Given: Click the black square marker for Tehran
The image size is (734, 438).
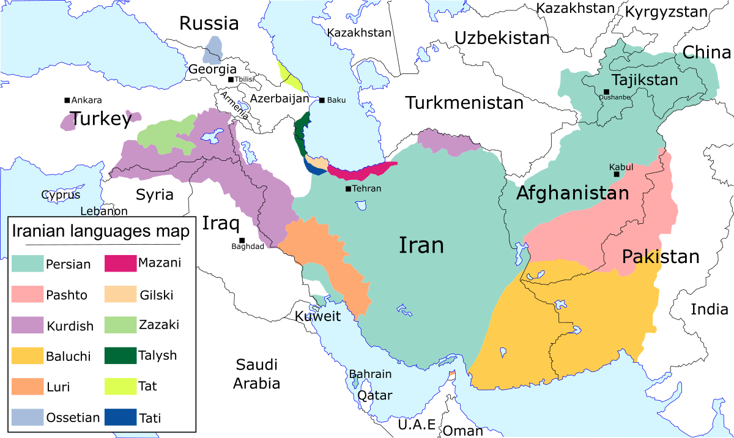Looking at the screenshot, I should point(348,188).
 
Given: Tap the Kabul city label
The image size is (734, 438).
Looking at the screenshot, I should point(621,166).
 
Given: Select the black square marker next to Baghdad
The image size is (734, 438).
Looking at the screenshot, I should point(242,240).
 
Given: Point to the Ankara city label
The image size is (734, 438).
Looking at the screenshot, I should point(86,100).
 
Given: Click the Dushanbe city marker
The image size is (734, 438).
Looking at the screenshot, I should point(606,92).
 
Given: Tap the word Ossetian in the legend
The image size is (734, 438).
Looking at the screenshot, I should point(73,418).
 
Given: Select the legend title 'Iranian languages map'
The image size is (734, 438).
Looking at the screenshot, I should point(102,232).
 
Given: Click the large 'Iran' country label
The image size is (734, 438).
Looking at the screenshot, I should point(421,245).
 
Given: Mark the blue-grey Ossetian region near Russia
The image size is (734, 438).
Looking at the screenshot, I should point(214,49).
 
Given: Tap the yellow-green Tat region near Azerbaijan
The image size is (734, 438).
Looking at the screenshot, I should point(289,76).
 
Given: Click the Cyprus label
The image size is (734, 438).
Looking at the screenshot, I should point(61,195).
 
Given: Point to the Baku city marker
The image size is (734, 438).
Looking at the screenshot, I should point(322,100).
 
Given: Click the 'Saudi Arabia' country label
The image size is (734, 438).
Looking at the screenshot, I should point(257,374).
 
